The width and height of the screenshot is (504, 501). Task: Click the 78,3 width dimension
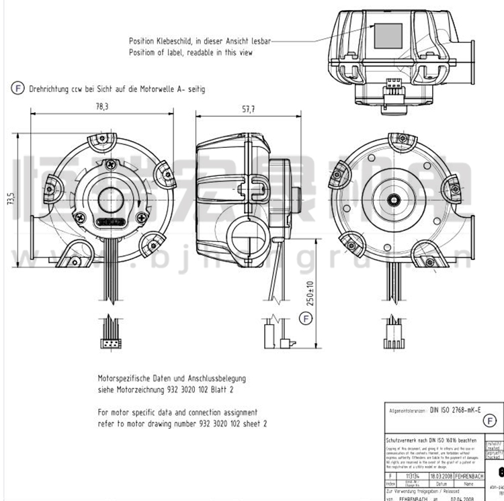pos(102,106)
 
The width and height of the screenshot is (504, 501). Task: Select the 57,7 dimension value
pos(249,110)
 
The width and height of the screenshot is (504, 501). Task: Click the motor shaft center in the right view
pos(401,199)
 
